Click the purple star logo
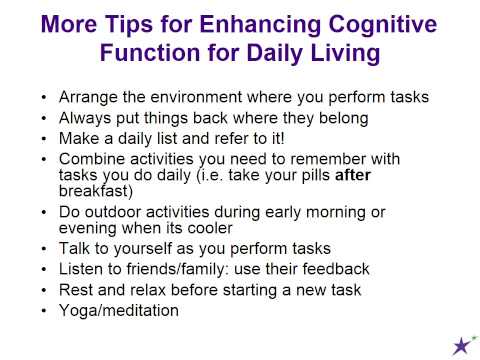pyautogui.click(x=462, y=345)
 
